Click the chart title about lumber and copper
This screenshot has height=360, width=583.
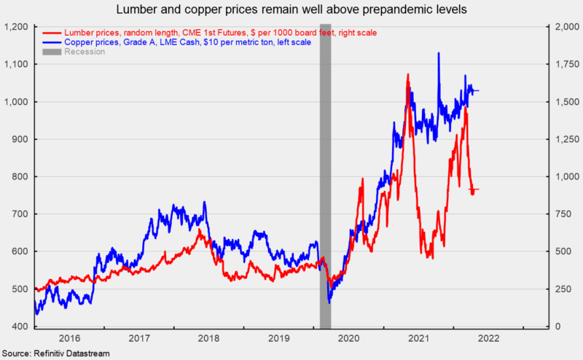point(291,10)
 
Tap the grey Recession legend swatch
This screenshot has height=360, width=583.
point(52,52)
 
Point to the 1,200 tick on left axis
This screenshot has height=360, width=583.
point(16,27)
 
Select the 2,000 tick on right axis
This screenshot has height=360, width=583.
point(566,27)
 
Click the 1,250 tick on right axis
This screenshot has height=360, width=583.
point(566,139)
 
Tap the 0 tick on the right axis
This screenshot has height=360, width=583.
point(557,326)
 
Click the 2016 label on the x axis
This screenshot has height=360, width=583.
point(69,339)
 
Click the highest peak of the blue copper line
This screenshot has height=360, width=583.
point(438,53)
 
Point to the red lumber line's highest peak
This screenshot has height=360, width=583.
point(407,74)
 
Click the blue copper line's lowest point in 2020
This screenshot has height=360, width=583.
point(329,302)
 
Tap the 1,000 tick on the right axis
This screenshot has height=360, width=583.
point(566,177)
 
